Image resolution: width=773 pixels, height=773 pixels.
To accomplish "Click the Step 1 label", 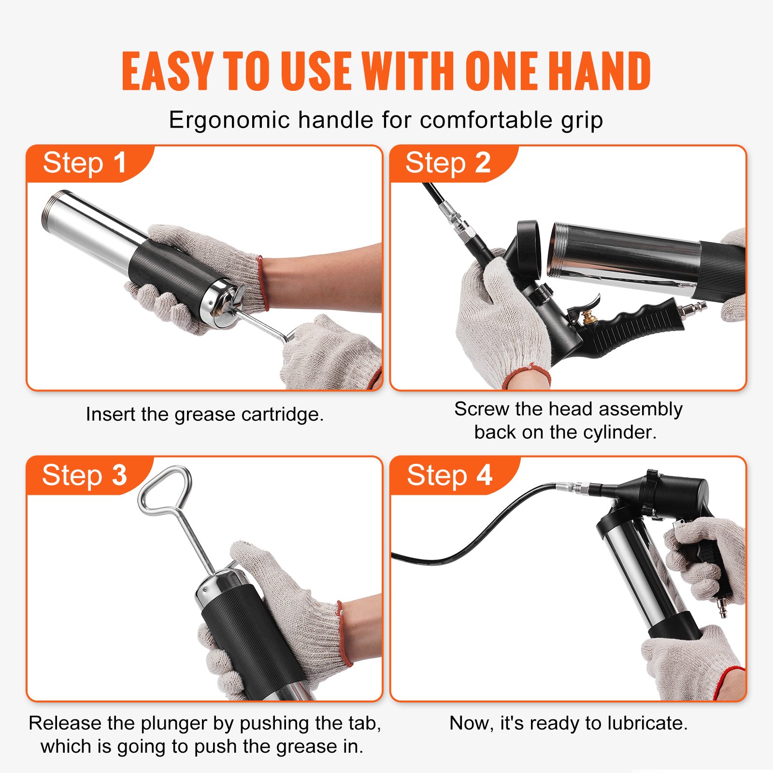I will tap(85, 163).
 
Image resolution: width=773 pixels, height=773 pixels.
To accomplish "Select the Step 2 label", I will tap(448, 163).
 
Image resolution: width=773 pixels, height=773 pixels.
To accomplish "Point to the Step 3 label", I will tap(85, 475).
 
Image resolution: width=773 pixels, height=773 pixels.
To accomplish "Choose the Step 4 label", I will tap(449, 475).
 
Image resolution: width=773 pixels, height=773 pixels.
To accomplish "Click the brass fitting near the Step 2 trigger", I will tap(588, 317).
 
